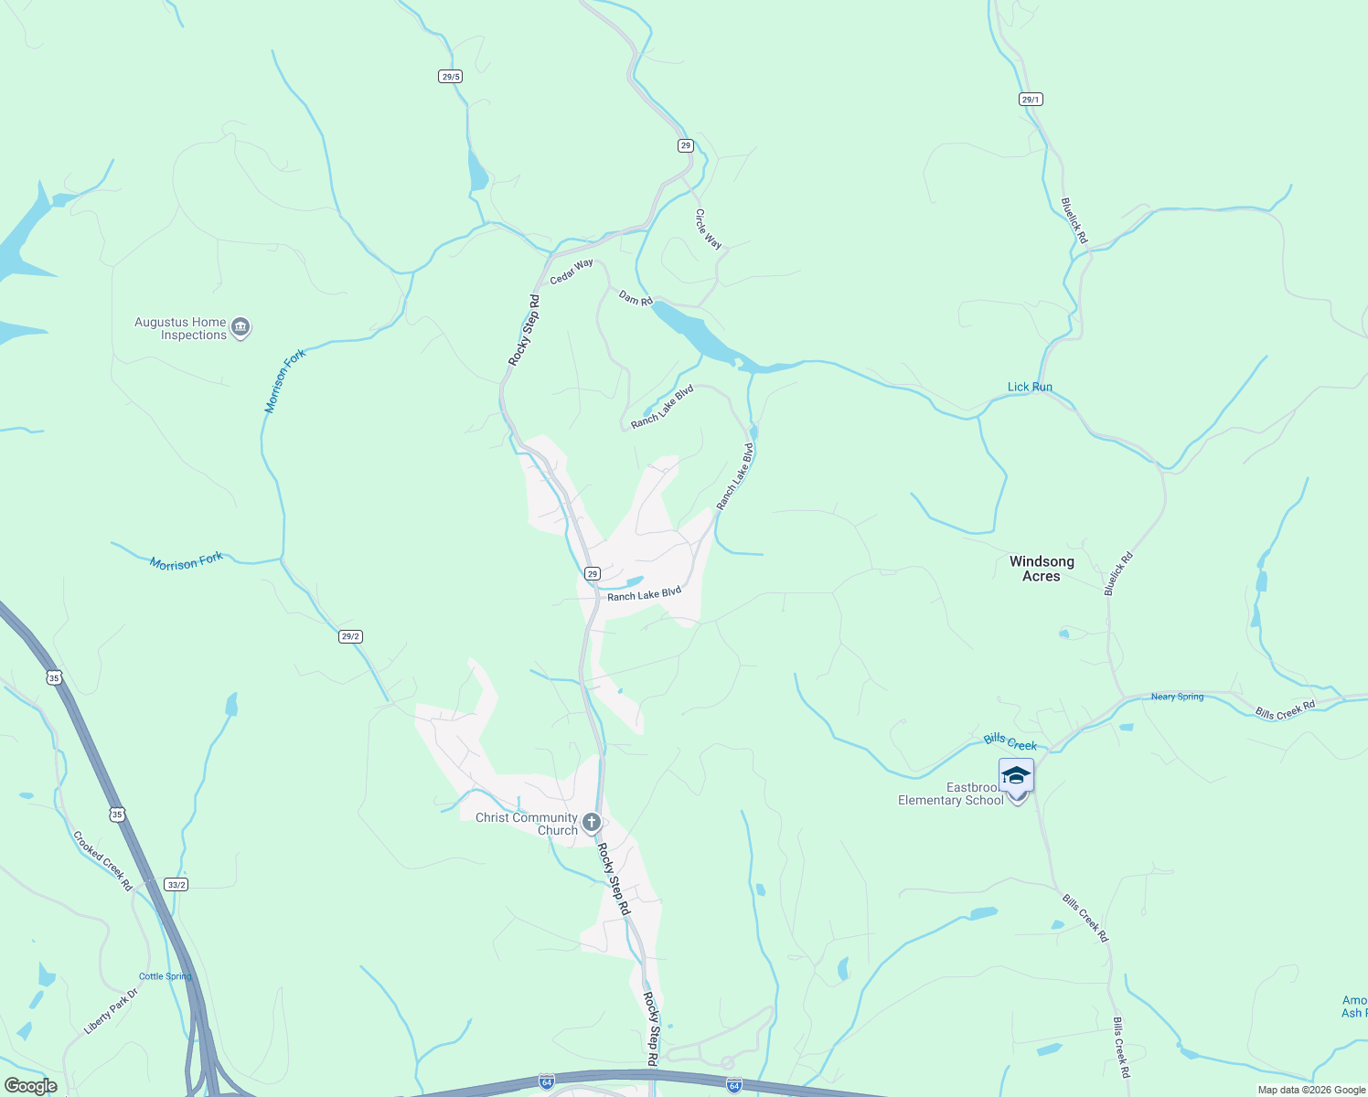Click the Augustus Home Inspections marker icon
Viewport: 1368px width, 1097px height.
240,327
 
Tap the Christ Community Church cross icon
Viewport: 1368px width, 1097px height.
592,822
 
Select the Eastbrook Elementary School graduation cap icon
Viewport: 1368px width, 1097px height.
1016,777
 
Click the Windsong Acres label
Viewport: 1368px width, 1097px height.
1041,569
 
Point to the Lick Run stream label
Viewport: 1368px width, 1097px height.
1030,387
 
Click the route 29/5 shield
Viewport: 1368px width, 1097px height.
450,77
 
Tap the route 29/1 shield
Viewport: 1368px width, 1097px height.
1031,99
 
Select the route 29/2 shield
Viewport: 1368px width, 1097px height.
350,636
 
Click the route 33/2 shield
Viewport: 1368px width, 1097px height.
176,884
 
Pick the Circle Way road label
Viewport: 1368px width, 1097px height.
708,229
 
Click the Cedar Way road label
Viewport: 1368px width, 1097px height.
572,272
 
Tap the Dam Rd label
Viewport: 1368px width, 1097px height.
636,298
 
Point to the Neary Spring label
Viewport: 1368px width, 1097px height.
1177,697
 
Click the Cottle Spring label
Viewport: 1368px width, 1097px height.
166,976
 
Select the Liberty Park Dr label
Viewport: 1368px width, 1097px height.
111,1011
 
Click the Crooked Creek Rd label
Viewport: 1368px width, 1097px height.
103,861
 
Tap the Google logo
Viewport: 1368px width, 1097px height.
30,1086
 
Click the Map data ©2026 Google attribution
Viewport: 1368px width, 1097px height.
1311,1090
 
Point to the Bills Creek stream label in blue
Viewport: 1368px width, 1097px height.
1010,741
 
